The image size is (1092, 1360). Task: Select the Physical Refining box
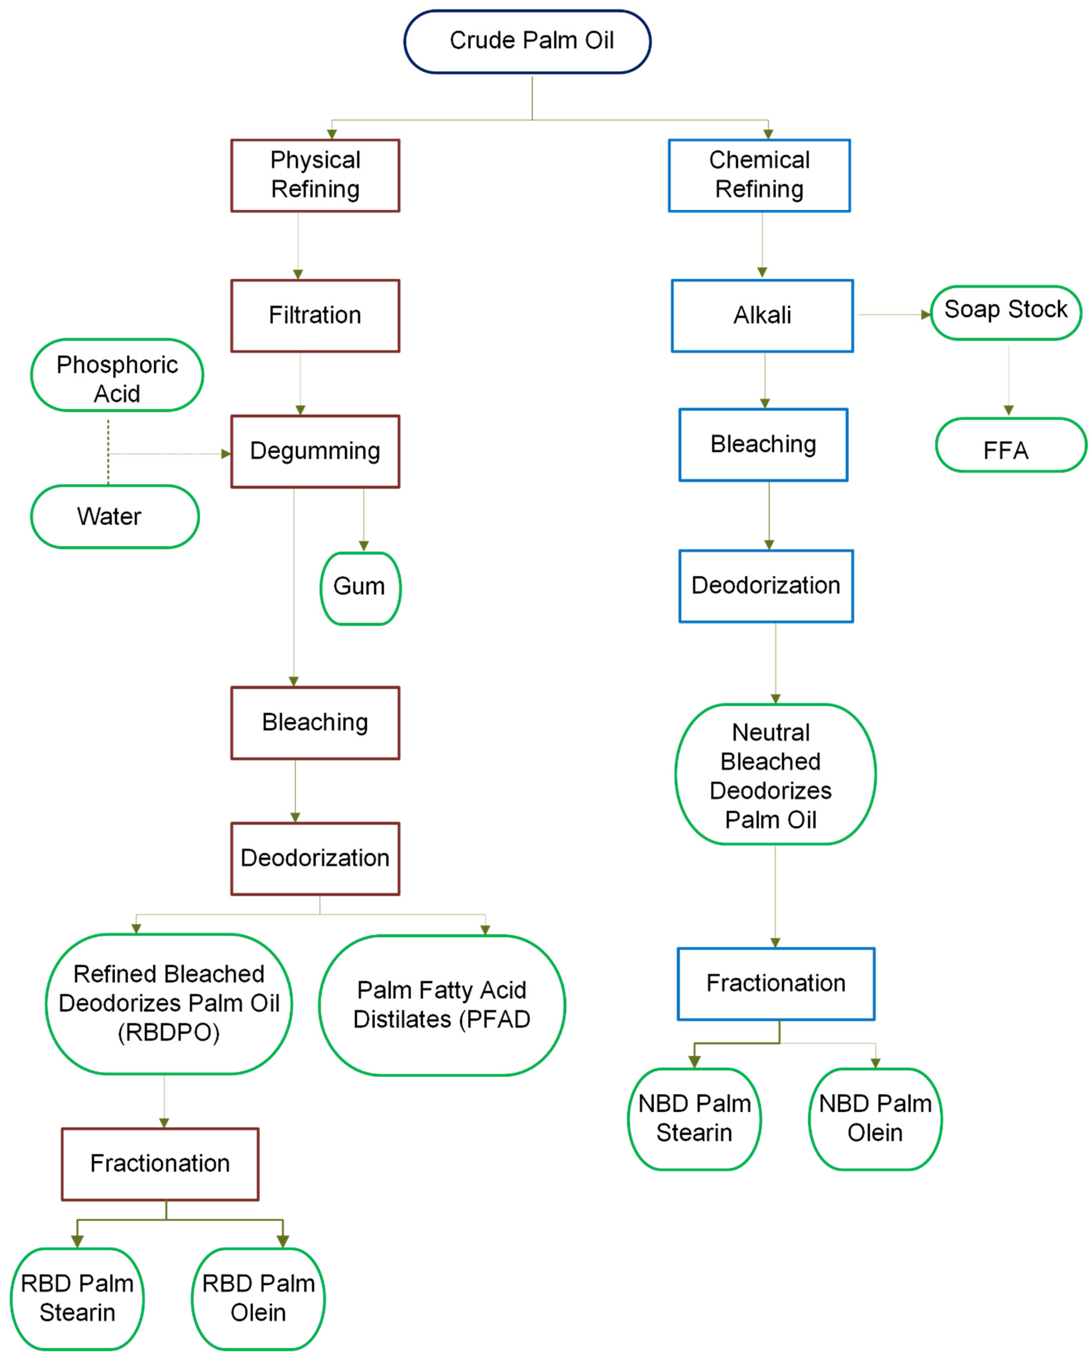tap(315, 175)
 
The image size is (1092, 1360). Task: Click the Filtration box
tap(315, 315)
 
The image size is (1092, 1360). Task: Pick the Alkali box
tap(762, 315)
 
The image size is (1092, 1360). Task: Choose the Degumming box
tap(315, 451)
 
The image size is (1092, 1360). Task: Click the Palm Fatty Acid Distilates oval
tap(442, 1005)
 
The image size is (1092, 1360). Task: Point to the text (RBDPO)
tap(168, 1033)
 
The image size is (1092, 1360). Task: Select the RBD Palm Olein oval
tap(258, 1298)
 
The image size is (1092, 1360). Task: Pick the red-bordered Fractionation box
tap(160, 1164)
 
